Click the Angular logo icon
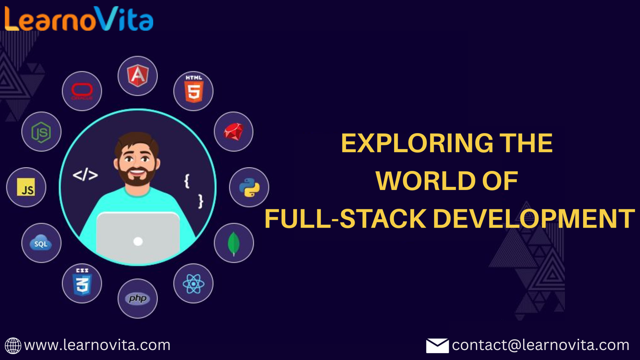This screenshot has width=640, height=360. coord(138,76)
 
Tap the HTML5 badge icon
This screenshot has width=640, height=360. coord(194,90)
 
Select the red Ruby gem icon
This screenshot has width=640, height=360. coord(234,132)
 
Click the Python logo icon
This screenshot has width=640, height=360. coord(249,188)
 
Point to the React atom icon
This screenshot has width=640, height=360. coord(194,284)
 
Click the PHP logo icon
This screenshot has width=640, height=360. coord(138,299)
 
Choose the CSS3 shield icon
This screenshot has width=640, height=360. coord(82,282)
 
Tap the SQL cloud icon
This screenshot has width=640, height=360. coord(41,242)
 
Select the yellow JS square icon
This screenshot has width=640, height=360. coord(26,187)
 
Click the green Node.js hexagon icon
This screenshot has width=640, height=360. coord(42,132)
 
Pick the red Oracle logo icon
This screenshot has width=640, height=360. coord(82,91)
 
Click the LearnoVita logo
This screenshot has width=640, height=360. coord(79,18)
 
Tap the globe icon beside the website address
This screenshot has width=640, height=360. coord(13,346)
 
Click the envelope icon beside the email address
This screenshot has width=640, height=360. coord(438,346)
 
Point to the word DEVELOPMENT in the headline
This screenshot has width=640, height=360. coord(534,218)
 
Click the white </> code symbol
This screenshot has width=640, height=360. coord(85,175)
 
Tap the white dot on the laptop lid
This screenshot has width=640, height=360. coord(138,242)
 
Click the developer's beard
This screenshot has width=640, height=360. coord(137,178)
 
